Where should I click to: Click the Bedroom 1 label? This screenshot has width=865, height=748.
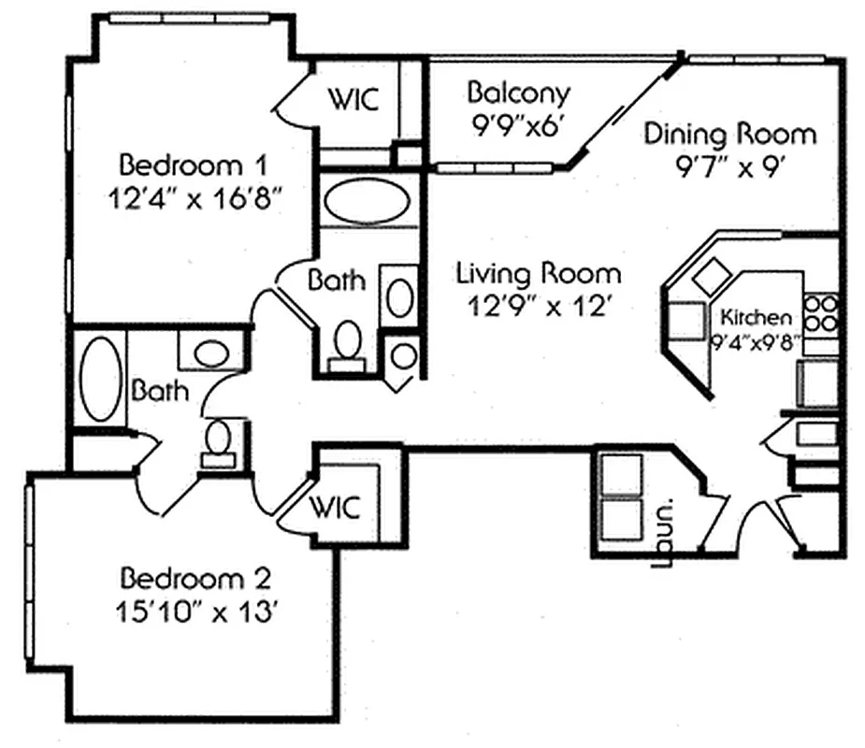coord(195,165)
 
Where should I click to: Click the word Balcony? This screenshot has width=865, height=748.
coord(518,93)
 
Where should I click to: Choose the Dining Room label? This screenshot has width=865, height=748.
coord(729,134)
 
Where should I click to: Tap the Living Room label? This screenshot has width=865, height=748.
coord(538,273)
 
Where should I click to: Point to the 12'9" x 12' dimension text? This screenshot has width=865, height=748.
coord(538,307)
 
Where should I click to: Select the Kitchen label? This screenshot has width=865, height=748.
coord(755,317)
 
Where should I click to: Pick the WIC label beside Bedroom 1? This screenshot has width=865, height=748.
coord(353,99)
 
